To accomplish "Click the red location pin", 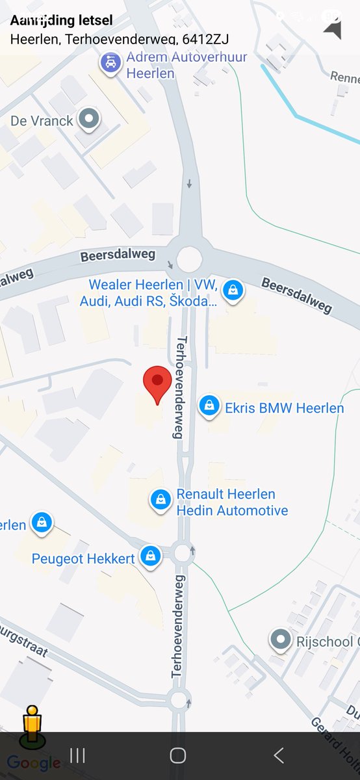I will pos(157,383).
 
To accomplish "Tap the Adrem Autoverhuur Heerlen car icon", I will pos(111,64).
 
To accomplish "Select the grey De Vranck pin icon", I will pos(89,119).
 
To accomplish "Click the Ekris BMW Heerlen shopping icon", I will pos(209,407).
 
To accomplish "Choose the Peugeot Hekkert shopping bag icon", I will pos(151,556).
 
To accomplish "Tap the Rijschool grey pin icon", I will pos(281,640).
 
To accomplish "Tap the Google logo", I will pos(34,763).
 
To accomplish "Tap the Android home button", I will pos(177,755).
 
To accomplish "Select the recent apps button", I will pos(77,755).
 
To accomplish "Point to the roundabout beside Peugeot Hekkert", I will pos(183,553).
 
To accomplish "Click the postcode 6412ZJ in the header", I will pos(206,39).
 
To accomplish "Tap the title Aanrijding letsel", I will pos(61,20).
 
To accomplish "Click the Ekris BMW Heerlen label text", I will pos(284,408).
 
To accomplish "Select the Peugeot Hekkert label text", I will pos(83,558).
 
